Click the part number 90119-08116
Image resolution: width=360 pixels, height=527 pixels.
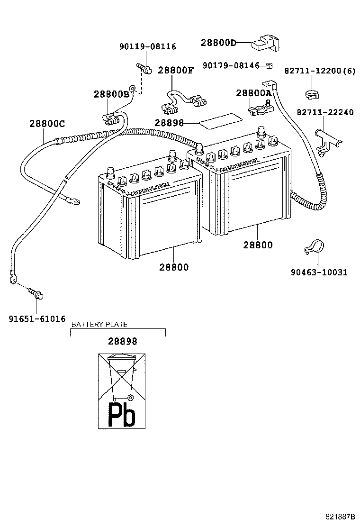(x=147, y=46)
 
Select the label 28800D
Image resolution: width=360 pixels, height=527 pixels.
(x=218, y=43)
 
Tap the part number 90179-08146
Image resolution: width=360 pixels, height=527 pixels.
(x=231, y=65)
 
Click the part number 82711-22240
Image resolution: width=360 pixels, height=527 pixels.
(x=325, y=112)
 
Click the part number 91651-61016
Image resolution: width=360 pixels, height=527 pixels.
(x=37, y=319)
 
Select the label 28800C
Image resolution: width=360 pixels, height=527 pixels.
(x=47, y=124)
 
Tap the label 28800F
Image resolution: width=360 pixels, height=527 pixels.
(x=176, y=70)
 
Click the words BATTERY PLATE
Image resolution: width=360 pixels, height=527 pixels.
(x=99, y=325)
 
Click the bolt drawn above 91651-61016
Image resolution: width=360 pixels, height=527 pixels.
(x=36, y=294)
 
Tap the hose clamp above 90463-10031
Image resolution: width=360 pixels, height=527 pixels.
(x=313, y=247)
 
